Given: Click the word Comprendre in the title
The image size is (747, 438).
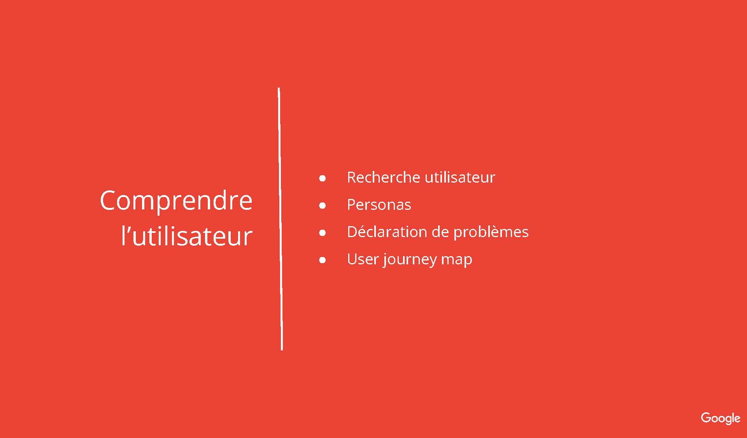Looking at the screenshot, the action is (x=176, y=201).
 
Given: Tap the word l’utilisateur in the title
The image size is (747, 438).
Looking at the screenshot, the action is (x=187, y=236).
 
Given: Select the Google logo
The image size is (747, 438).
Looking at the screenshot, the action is (x=721, y=419).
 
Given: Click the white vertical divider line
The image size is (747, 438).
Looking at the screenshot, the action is (x=280, y=219).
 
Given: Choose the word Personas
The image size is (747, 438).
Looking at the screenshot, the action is (x=379, y=205).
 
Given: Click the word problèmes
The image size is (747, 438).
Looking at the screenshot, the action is (x=491, y=232).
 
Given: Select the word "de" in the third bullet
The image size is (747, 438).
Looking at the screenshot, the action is (x=440, y=232).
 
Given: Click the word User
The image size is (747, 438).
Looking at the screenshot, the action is (x=363, y=259).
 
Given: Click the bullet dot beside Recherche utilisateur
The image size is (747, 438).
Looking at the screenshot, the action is (x=322, y=178).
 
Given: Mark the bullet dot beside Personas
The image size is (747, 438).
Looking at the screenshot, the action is (x=322, y=206).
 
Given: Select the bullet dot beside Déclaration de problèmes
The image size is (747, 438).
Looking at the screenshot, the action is (x=322, y=233).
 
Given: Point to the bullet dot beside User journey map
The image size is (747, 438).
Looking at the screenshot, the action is (x=322, y=260).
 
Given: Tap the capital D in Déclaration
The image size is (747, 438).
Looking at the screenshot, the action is (x=353, y=232).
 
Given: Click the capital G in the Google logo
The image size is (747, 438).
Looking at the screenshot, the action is (x=706, y=418).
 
